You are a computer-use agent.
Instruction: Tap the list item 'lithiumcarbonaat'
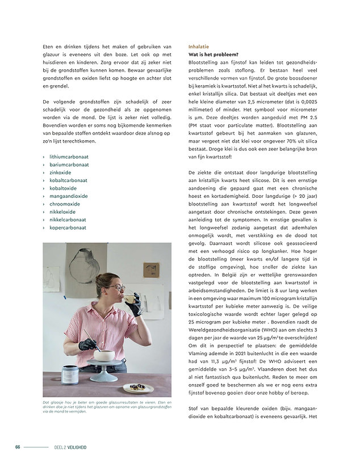(69, 156)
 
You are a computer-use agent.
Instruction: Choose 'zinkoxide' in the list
(60, 172)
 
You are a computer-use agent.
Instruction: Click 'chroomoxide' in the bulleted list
(65, 203)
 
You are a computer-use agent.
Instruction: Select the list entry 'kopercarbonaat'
(68, 227)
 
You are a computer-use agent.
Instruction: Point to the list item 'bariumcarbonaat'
(69, 164)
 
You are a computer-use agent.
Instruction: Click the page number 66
(18, 447)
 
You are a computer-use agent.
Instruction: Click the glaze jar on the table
(69, 375)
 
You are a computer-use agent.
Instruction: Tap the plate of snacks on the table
(137, 388)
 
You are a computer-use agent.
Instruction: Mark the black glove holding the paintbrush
(87, 344)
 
